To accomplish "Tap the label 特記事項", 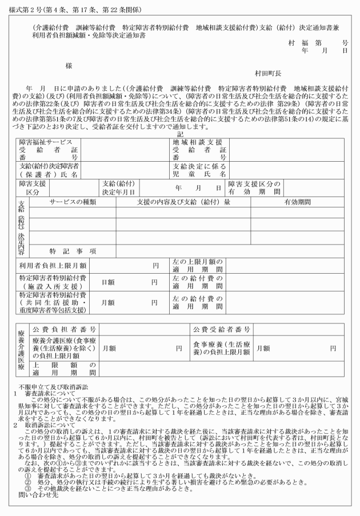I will point(72,251).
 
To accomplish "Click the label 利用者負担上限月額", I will point(53,266).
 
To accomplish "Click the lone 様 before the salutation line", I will point(69,66).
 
